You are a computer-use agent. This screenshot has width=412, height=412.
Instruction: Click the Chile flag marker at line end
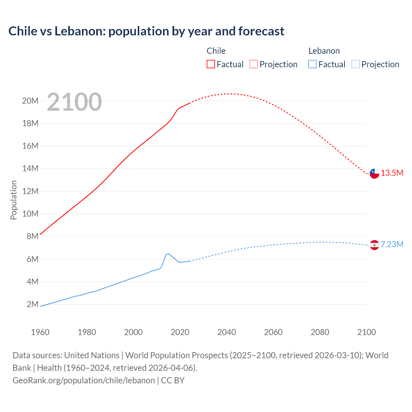click(x=374, y=173)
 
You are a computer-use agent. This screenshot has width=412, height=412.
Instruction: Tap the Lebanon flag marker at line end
click(x=374, y=245)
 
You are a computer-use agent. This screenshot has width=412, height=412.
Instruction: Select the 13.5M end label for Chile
click(x=392, y=173)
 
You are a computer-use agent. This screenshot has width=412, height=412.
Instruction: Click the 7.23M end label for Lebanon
click(x=392, y=245)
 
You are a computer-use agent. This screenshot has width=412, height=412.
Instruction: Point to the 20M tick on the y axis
click(x=30, y=101)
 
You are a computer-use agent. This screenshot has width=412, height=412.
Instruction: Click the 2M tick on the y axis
click(x=32, y=304)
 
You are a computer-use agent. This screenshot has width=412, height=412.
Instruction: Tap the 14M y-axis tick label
click(x=30, y=169)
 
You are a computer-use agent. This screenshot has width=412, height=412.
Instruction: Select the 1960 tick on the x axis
click(x=40, y=332)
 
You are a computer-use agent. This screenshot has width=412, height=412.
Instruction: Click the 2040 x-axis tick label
click(x=227, y=332)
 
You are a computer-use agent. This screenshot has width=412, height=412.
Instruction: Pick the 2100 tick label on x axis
click(x=366, y=332)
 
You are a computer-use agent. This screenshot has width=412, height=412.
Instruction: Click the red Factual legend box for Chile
click(x=211, y=64)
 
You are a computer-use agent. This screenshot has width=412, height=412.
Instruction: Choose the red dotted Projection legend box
click(x=254, y=64)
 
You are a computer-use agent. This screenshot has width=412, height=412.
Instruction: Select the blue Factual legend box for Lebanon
click(x=313, y=64)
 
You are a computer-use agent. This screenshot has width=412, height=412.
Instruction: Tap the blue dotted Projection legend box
click(x=356, y=64)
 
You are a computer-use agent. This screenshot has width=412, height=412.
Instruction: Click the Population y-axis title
click(x=14, y=200)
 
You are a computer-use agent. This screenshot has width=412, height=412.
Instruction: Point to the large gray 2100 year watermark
click(x=74, y=102)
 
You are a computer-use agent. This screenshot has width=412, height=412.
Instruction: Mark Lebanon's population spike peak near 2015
click(x=168, y=254)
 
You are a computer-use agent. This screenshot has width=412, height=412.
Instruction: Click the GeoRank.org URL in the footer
click(x=84, y=380)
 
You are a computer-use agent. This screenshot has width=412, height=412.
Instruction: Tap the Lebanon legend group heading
click(x=324, y=51)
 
